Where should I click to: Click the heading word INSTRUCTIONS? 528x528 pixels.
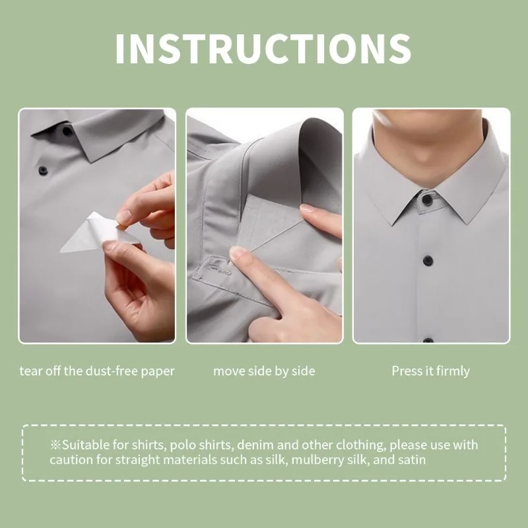pos(263,48)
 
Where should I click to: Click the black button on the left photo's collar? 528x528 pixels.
pos(67,131)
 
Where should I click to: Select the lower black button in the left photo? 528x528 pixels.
pos(44,170)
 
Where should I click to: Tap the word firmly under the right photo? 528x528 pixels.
pos(451,371)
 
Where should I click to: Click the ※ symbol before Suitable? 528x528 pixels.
pos(55,445)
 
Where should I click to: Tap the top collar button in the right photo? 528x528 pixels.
pos(427,199)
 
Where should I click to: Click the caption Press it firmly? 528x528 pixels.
pos(430,371)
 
